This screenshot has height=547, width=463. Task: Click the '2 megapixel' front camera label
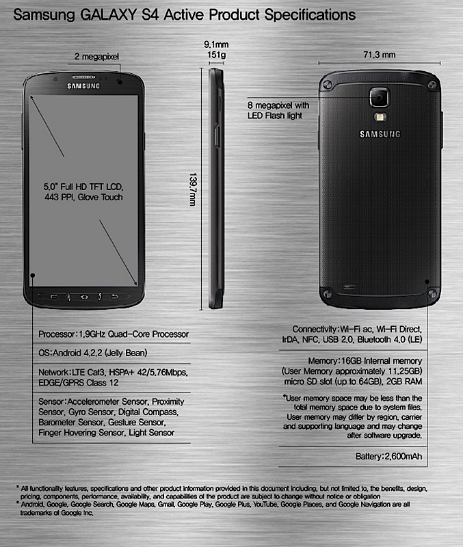point(96,57)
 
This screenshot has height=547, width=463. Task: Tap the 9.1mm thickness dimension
point(216,44)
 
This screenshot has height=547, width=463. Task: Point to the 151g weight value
point(216,55)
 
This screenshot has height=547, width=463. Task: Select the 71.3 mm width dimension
point(380,55)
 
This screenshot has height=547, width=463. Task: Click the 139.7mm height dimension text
point(193,189)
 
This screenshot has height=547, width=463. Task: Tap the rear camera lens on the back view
point(380,97)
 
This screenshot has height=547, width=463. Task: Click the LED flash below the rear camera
point(380,117)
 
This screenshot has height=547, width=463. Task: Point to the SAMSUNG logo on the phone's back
point(380,134)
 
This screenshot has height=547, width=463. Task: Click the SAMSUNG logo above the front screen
point(83,86)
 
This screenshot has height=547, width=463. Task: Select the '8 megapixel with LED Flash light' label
point(278,110)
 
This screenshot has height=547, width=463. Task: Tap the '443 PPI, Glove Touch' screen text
point(83,197)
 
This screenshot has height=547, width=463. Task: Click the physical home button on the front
point(84,297)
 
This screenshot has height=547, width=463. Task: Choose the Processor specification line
point(114,334)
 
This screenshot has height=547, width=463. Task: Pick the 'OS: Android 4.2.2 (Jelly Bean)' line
point(93,353)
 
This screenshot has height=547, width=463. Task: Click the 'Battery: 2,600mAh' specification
point(388,456)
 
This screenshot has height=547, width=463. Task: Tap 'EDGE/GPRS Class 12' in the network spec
point(79,383)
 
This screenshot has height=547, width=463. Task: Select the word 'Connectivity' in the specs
point(315,330)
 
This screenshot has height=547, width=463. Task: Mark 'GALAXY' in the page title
point(108,15)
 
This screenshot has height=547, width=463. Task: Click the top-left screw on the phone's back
point(328,85)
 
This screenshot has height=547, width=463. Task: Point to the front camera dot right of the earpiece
point(120,81)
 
